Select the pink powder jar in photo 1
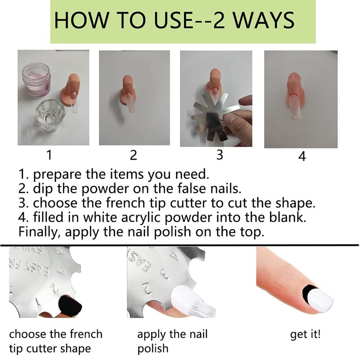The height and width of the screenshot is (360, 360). tap(36, 80)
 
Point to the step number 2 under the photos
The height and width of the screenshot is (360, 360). tap(133, 155)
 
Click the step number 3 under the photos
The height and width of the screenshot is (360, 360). tap(220, 154)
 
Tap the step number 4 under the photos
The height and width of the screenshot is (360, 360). tap(302, 156)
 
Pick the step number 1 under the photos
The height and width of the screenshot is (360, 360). tap(49, 154)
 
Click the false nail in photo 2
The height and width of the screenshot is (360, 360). tap(130, 103)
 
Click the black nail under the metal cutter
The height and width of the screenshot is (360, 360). tap(70, 306)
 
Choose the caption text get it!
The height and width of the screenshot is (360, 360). tap(305, 334)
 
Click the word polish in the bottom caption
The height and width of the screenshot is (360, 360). tap(153, 349)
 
